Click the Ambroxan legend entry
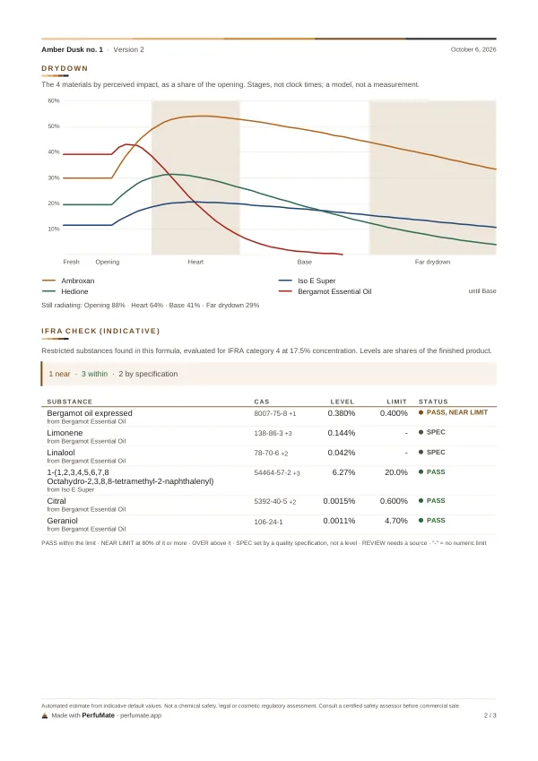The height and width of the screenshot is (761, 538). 68,281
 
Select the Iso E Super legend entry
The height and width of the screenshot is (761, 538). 307,281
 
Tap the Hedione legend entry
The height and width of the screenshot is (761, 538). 65,291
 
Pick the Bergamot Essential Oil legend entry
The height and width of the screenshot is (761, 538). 325,291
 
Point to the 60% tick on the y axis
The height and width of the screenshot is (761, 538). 54,101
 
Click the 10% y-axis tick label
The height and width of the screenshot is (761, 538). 54,229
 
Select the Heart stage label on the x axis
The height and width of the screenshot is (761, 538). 195,262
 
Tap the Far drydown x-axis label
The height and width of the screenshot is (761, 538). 432,262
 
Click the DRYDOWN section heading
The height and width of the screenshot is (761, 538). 65,68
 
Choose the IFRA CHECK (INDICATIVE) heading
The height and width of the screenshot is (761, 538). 100,331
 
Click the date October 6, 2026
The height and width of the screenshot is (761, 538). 473,49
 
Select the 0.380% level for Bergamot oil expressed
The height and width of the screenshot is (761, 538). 342,413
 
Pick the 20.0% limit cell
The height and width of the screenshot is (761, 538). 396,472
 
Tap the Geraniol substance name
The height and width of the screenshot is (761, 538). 62,521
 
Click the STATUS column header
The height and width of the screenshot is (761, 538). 433,402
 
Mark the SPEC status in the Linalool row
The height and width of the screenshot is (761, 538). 432,453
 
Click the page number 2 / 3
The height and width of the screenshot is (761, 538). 490,715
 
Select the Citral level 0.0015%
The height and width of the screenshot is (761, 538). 339,501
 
